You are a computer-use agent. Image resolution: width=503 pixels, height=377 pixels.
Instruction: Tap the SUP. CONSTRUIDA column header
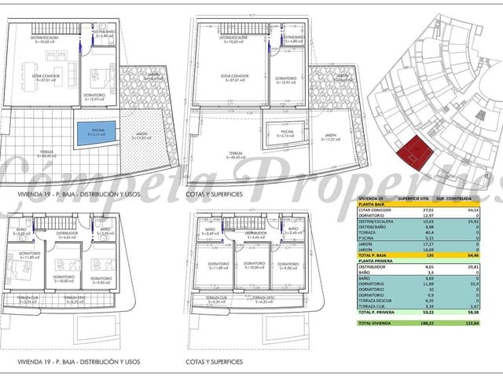pos(464,199)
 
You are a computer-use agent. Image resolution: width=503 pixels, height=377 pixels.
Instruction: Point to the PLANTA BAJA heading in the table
pos(374,204)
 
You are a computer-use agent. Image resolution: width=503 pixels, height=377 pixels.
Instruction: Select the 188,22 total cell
pos(429,323)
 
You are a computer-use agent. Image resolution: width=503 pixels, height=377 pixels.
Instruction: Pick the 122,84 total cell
pos(472,323)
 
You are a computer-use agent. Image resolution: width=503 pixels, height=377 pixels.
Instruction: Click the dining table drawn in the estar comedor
pos(29,75)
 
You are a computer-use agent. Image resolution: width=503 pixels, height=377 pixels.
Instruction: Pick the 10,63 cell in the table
pos(429,221)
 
